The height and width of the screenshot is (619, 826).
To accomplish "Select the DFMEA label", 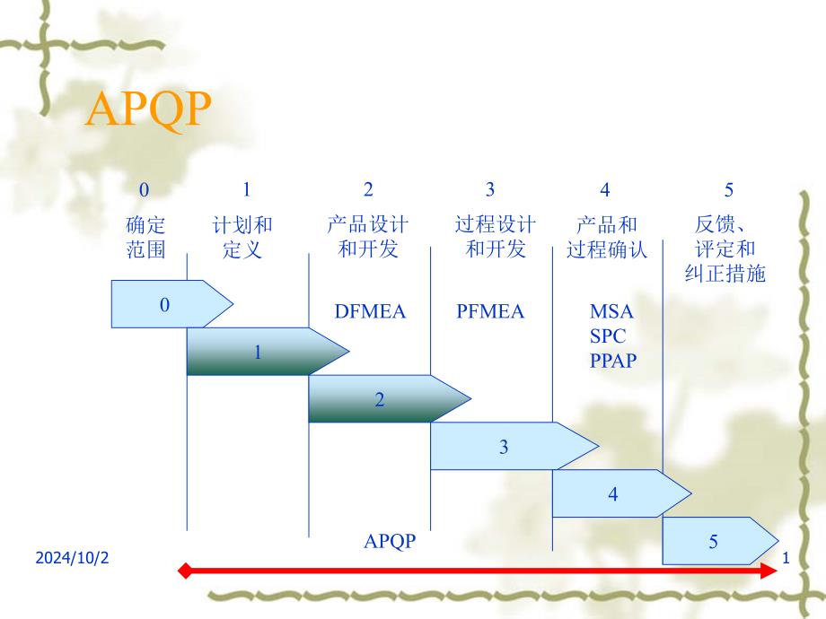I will (x=370, y=312).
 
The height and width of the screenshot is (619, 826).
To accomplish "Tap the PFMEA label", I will (x=489, y=312).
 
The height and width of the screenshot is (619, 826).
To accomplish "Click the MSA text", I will (x=611, y=312).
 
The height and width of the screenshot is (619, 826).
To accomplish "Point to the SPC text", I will (x=608, y=336).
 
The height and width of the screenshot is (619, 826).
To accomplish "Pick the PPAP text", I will (x=612, y=361).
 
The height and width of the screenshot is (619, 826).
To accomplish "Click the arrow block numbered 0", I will (x=166, y=304).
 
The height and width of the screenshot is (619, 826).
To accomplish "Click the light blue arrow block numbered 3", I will (x=505, y=446).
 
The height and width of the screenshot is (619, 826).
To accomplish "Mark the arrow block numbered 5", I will (x=716, y=541).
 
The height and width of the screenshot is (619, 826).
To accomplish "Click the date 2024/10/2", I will (x=72, y=558).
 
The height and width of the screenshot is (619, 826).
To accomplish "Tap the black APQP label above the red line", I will (x=391, y=541).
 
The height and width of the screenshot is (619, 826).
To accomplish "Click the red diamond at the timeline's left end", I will (x=185, y=571).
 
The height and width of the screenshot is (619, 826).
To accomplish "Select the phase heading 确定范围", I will (x=146, y=237).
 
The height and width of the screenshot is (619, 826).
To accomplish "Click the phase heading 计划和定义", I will (x=242, y=237).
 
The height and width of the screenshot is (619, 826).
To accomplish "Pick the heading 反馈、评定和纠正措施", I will (x=725, y=248).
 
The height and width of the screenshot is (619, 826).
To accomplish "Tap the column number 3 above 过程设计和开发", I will (x=490, y=189).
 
